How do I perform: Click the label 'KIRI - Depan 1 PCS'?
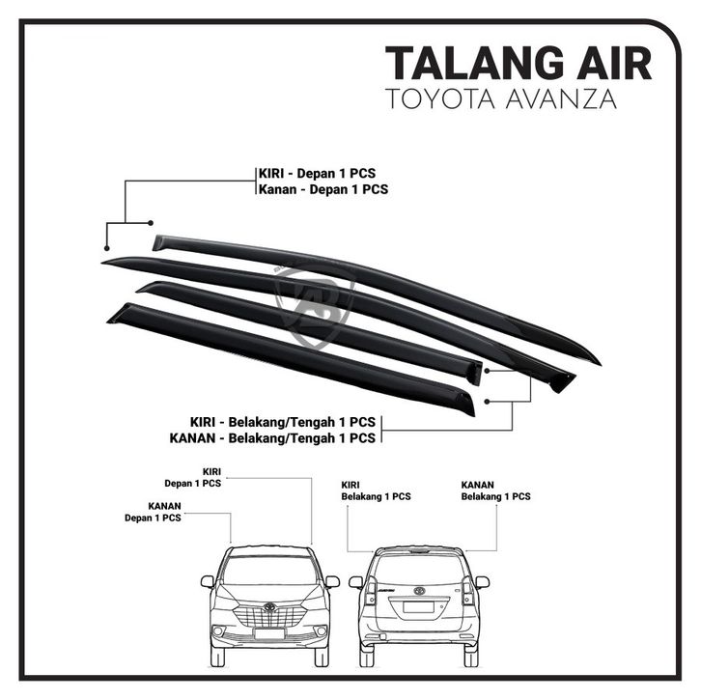tap(316, 173)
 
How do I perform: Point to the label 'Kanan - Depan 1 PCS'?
tap(322, 189)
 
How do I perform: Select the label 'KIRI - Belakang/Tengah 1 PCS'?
tap(282, 422)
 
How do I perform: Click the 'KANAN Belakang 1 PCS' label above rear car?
tap(495, 490)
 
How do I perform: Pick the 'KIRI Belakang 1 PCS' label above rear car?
tap(376, 490)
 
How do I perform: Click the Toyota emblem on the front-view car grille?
tap(270, 607)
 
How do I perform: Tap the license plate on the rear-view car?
tap(418, 608)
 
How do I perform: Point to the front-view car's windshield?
tap(270, 570)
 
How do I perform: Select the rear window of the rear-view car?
tap(418, 568)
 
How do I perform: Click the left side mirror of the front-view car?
tap(208, 581)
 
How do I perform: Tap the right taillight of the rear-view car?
tap(467, 590)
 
